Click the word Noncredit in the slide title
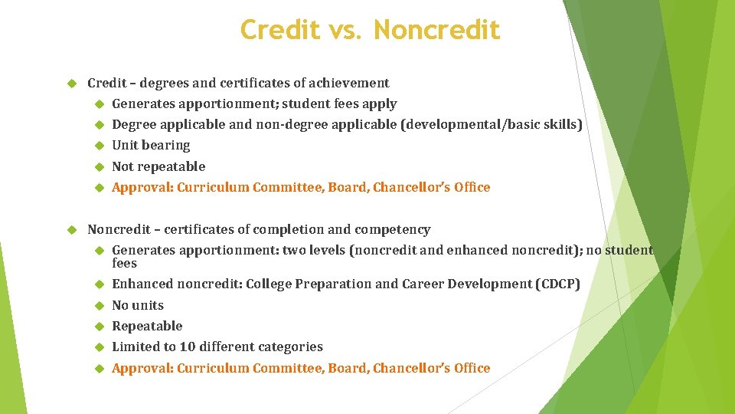(437, 30)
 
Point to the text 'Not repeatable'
(158, 166)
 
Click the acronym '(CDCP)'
(557, 284)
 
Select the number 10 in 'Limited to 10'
(187, 347)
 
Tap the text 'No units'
(138, 305)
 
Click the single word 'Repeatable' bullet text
(147, 326)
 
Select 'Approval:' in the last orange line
(142, 368)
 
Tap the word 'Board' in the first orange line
(347, 187)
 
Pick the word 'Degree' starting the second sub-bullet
(132, 124)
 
